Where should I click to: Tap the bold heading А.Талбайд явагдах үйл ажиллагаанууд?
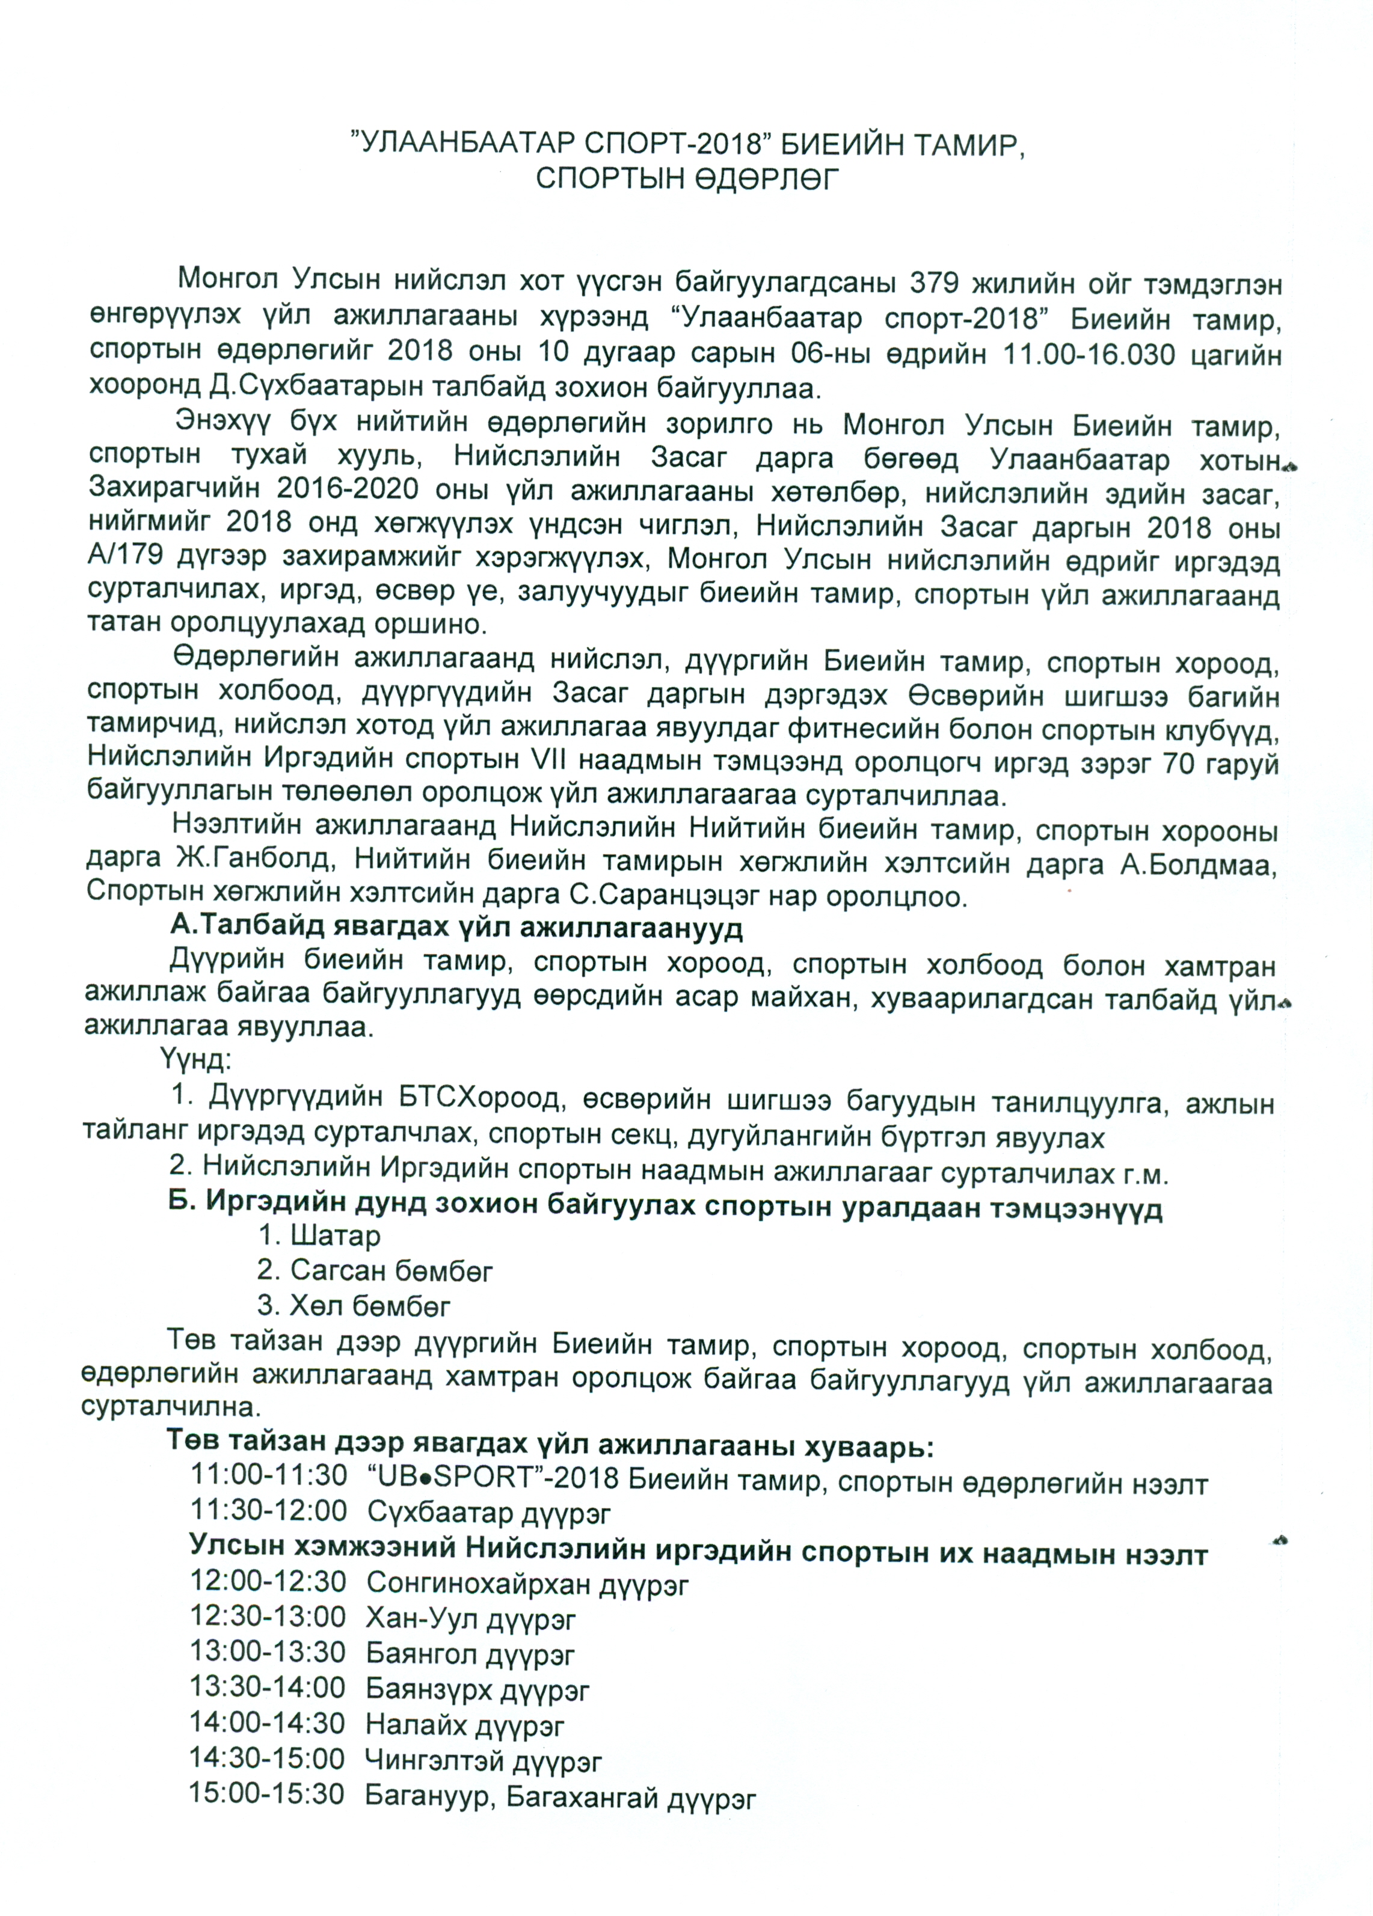[456, 928]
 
